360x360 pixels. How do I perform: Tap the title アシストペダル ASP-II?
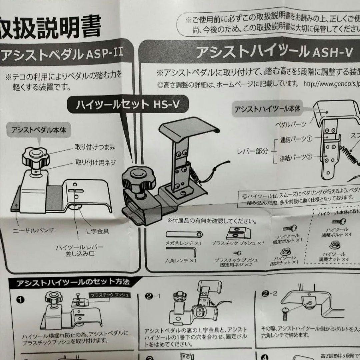[62, 55]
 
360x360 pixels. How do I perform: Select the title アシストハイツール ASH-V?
[273, 53]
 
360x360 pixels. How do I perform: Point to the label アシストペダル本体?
[39, 130]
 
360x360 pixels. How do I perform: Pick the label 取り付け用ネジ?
[95, 163]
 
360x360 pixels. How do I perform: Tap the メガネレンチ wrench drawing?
[184, 234]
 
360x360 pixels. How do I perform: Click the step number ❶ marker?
[22, 299]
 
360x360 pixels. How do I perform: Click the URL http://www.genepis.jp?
[332, 85]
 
